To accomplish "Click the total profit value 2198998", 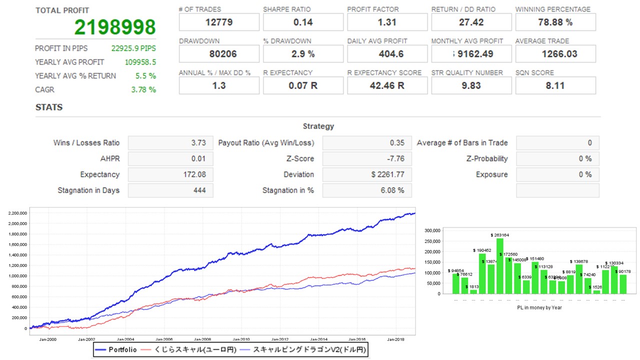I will coord(115,27).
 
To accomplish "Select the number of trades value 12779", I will coord(219,22).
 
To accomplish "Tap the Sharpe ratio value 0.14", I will coord(303,22).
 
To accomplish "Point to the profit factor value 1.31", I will coord(387,22).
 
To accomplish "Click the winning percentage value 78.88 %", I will coord(555,22).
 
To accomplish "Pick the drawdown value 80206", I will coord(219,53).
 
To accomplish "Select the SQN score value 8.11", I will coord(555,85).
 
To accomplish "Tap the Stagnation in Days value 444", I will coord(198,190).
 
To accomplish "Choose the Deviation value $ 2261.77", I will coord(387,174).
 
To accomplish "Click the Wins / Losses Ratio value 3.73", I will coord(198,143).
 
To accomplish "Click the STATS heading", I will coord(49,107).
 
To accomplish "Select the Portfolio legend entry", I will coord(122,350).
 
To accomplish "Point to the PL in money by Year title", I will coord(539,307).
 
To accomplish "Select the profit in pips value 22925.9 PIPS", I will coord(133,48).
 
